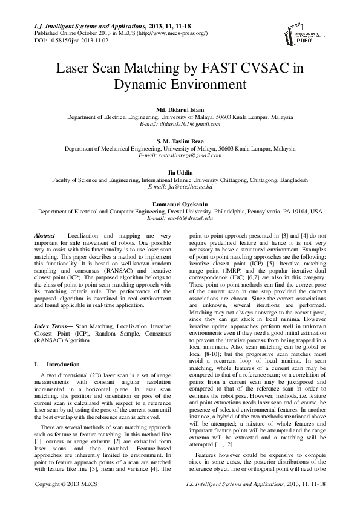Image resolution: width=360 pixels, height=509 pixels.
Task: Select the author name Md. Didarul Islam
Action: [180, 109]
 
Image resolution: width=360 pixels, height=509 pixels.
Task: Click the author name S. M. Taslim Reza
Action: [180, 140]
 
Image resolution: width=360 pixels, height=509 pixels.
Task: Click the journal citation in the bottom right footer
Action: [265, 501]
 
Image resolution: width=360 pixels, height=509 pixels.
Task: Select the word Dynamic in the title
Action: [142, 85]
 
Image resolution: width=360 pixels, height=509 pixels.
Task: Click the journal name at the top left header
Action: [86, 27]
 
